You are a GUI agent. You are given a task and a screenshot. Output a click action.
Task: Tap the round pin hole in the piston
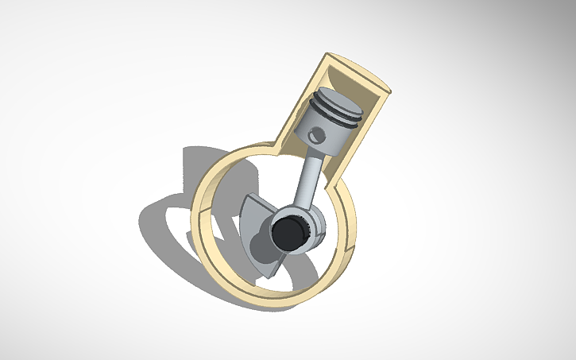pyautogui.click(x=318, y=133)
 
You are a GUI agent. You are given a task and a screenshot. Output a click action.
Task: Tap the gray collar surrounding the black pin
pyautogui.click(x=315, y=227)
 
